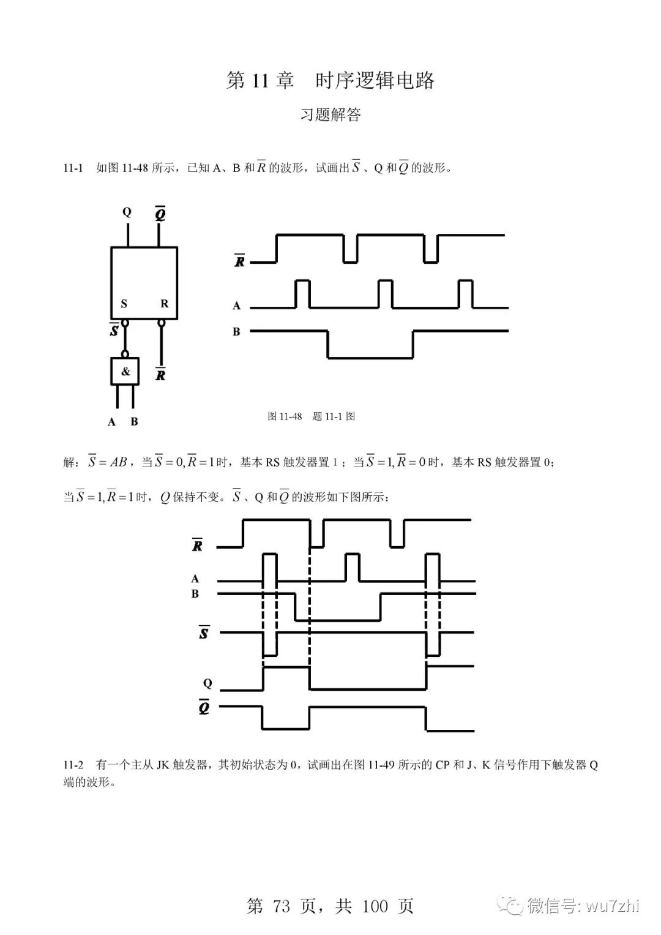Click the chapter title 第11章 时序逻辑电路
(330, 81)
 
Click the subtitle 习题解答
(330, 115)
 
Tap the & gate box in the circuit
(125, 371)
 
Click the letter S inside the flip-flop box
(124, 304)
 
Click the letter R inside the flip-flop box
(164, 304)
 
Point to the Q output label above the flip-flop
(127, 212)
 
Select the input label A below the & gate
(111, 422)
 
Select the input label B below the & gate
(134, 422)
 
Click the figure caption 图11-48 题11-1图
(311, 416)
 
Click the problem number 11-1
(73, 168)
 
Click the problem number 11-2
(73, 765)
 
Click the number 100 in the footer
(375, 906)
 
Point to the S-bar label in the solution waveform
(203, 633)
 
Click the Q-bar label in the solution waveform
(204, 708)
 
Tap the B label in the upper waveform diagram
(236, 332)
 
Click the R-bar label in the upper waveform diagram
(240, 261)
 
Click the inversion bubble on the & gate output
(125, 354)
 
